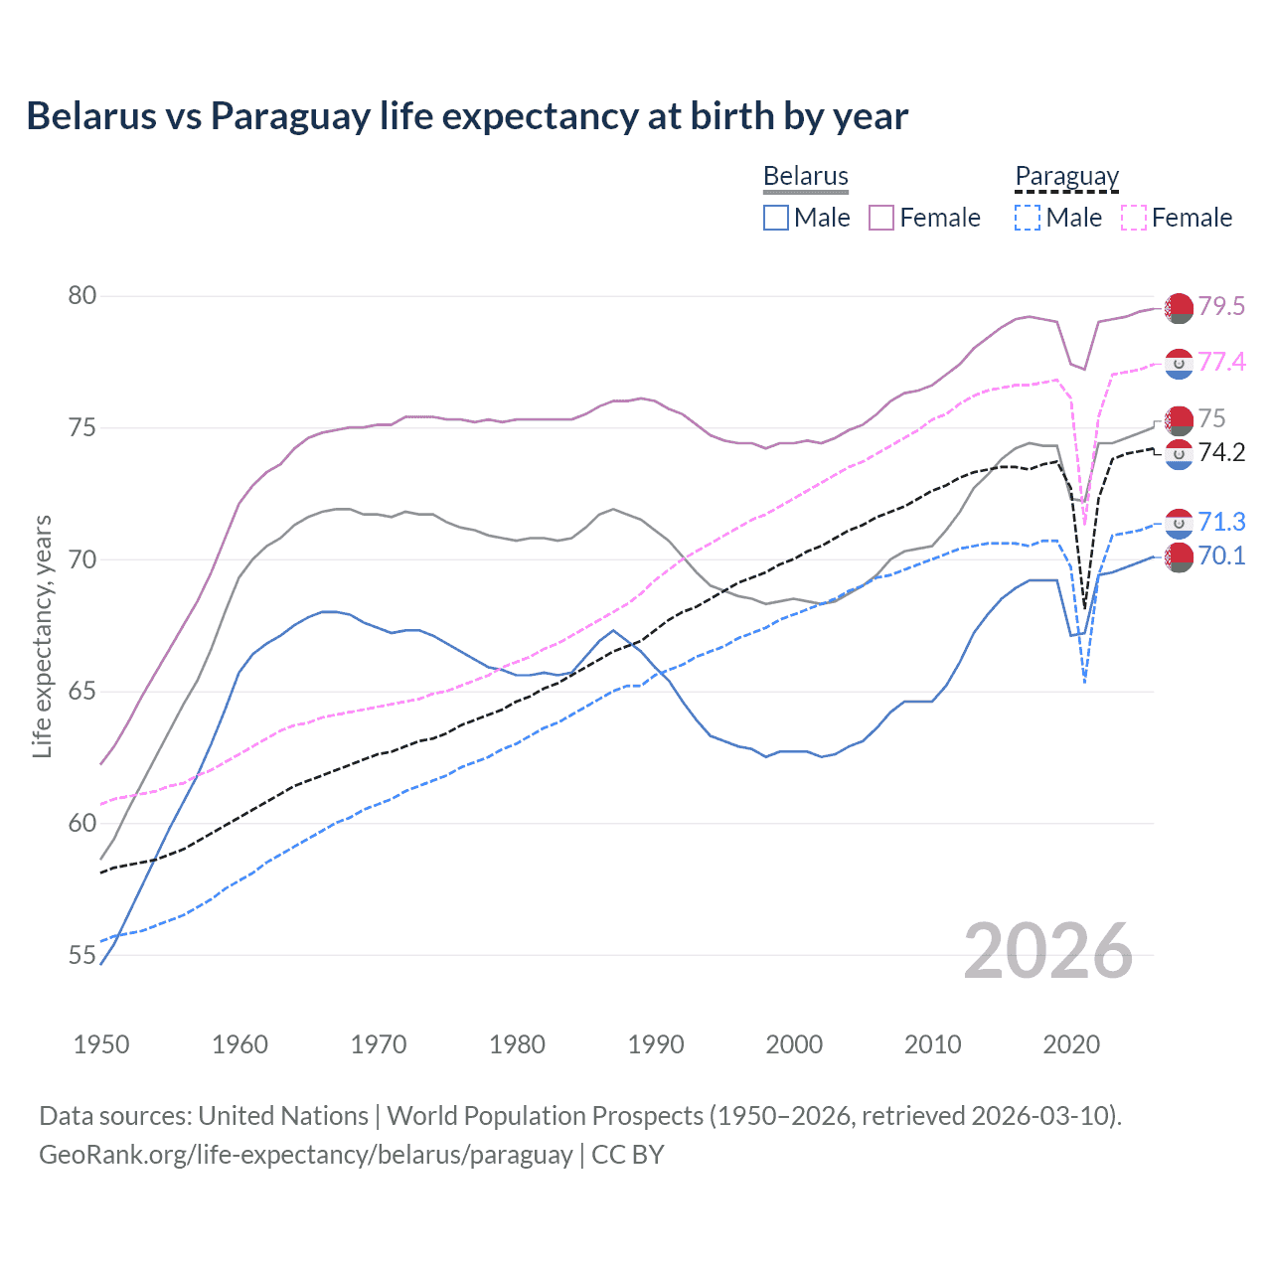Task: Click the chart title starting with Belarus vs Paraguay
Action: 467,116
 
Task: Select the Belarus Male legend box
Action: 776,218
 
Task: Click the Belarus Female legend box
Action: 881,218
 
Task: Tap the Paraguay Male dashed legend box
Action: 1028,218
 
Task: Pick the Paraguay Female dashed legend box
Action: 1134,218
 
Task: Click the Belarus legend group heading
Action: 806,176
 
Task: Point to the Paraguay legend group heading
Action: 1067,176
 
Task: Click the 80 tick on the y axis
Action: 82,295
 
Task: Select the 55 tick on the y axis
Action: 82,955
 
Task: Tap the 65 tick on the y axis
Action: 82,691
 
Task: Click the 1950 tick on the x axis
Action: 101,1044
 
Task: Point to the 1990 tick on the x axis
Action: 656,1044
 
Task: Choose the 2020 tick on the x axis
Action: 1071,1044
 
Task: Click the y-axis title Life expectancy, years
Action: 43,636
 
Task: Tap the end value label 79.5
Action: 1221,306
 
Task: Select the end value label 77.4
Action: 1221,362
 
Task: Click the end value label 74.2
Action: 1221,453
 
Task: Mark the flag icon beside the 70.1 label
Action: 1179,557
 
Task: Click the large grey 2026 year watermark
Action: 1048,951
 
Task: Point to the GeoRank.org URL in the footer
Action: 305,1155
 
